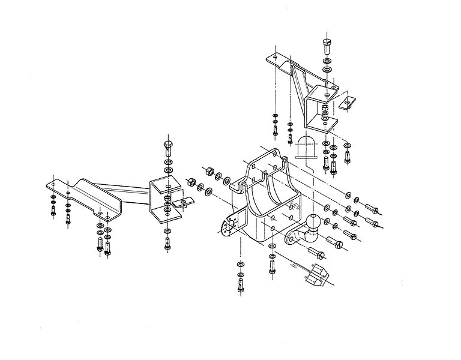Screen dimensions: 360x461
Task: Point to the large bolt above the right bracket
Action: (327, 46)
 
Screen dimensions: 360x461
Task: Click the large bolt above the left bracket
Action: (167, 145)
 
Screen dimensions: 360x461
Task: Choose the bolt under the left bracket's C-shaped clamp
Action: (167, 244)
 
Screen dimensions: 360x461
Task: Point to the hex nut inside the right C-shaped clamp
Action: (325, 109)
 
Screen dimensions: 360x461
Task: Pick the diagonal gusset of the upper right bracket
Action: (297, 90)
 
